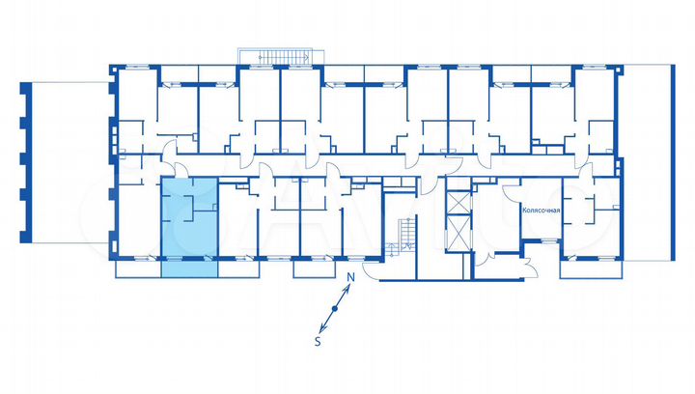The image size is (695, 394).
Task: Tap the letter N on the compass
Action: [x=352, y=278]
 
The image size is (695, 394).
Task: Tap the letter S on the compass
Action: [x=319, y=341]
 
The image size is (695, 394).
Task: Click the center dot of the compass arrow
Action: [x=334, y=309]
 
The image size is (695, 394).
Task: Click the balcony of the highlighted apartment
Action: [x=188, y=267]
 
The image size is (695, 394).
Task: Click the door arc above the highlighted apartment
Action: [x=171, y=151]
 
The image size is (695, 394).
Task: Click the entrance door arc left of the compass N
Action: [x=372, y=268]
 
